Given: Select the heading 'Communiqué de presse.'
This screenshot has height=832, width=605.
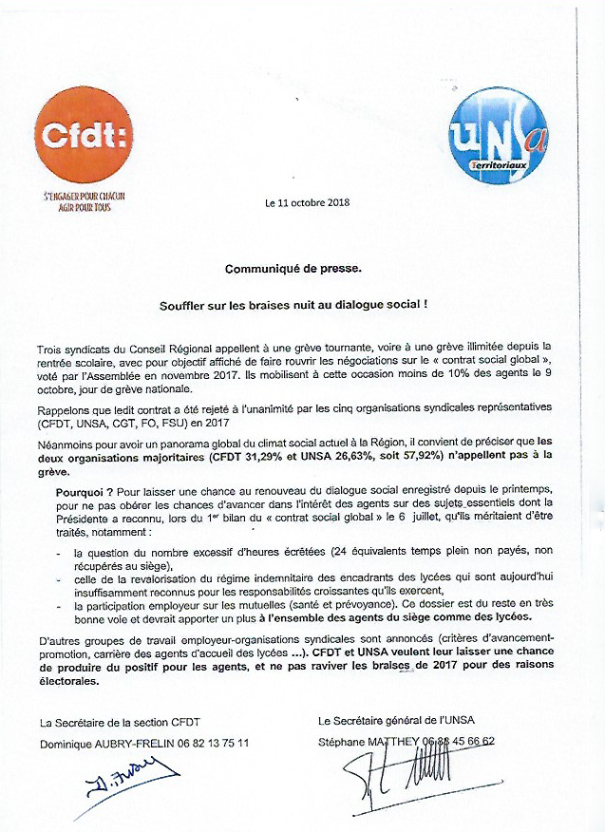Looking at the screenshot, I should (x=293, y=269).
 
